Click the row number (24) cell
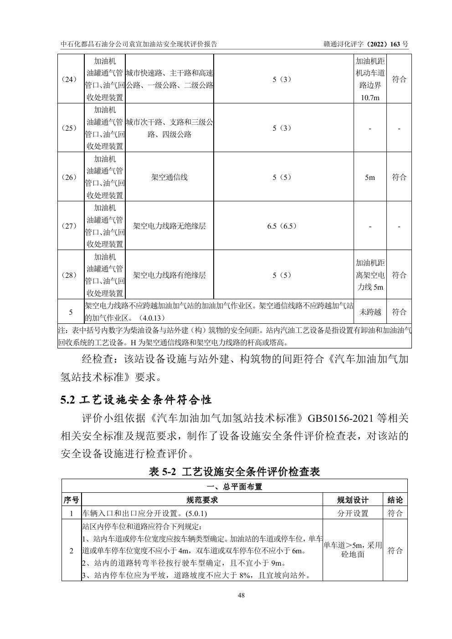tap(71, 79)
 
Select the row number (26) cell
tap(71, 177)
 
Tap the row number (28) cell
tap(71, 275)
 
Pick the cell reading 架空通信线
tap(169, 177)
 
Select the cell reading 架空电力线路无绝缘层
tap(169, 226)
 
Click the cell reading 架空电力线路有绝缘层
tap(169, 275)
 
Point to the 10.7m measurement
tap(370, 97)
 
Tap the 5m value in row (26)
tap(370, 177)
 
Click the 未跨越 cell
tap(370, 312)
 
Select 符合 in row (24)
tap(399, 79)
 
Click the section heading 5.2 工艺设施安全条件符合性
tap(136, 400)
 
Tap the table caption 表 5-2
tap(234, 472)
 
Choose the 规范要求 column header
tap(202, 500)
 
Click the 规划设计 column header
tap(353, 500)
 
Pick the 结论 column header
tap(395, 500)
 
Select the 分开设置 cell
tap(353, 513)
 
